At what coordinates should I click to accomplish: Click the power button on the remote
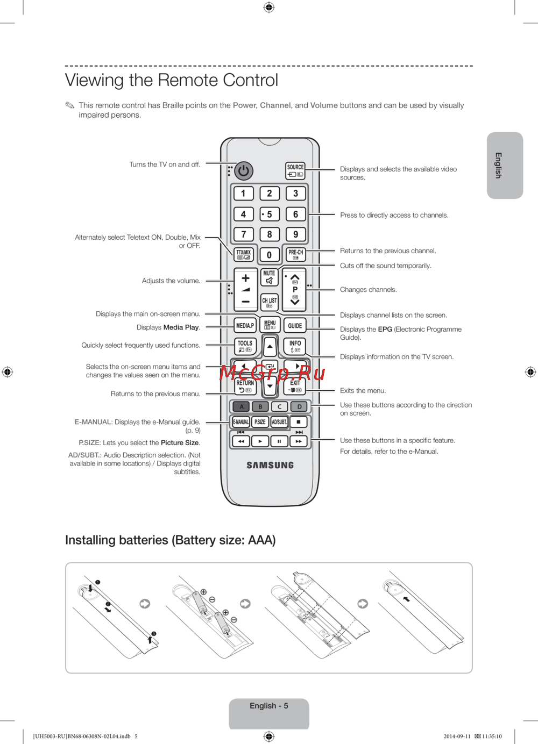coord(244,171)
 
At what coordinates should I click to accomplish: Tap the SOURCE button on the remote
coord(295,170)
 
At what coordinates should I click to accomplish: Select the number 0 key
coord(270,255)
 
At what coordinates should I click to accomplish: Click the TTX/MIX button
coord(244,254)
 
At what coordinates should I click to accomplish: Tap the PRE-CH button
coord(295,254)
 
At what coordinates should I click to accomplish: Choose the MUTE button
coord(269,277)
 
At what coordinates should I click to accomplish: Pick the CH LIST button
coord(269,303)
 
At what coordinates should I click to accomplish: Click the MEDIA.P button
coord(245,325)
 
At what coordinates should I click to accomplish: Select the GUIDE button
coord(295,325)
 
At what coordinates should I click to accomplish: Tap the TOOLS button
coord(245,346)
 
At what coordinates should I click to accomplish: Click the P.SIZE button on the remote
coord(260,422)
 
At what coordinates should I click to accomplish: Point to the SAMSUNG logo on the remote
coord(270,466)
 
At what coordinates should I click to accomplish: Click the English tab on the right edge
coord(505,166)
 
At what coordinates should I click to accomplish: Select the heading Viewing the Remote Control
coord(172,80)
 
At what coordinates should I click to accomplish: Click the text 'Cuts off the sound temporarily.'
coord(385,266)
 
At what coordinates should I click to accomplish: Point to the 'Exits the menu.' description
coord(363,391)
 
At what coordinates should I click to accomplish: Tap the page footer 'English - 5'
coord(269,706)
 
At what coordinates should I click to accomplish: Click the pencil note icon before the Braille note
coord(70,105)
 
